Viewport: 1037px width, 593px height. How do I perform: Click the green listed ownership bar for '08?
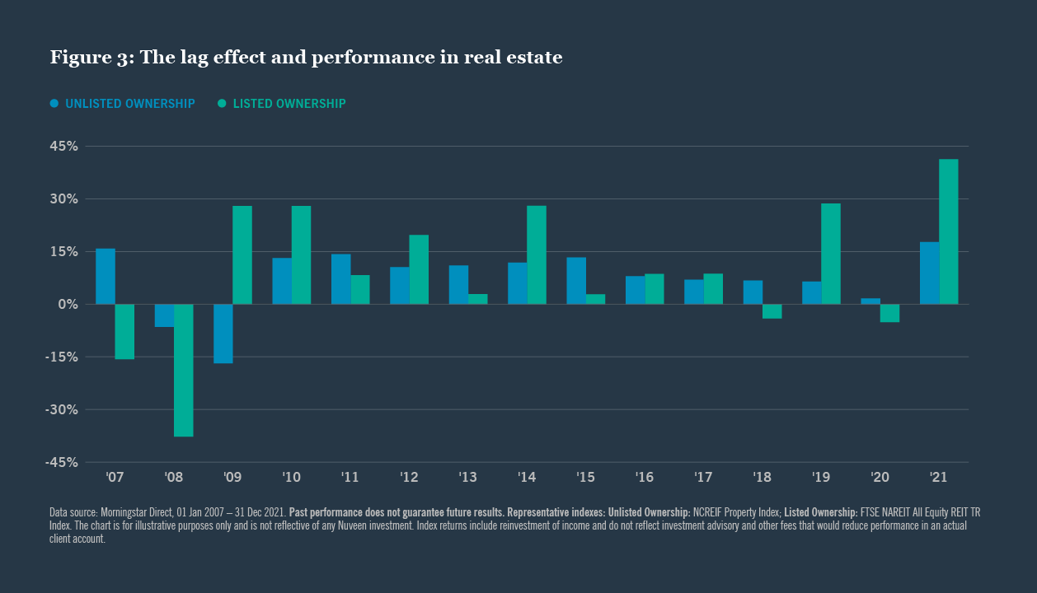(x=183, y=370)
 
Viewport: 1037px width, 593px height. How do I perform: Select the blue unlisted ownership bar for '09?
(x=223, y=334)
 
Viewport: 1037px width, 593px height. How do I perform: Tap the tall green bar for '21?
(x=948, y=231)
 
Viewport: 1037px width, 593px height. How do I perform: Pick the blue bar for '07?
(x=106, y=276)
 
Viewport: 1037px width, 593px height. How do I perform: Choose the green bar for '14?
(x=537, y=254)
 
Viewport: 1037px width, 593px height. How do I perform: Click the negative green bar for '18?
(x=772, y=311)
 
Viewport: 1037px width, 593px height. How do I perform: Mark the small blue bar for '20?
(x=870, y=301)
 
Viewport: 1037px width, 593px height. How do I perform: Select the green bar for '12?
(x=419, y=269)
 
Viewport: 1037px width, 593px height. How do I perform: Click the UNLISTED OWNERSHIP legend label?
(x=129, y=104)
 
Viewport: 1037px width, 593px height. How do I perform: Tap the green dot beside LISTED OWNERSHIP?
(x=223, y=104)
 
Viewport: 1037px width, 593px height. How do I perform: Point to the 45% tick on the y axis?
(x=61, y=147)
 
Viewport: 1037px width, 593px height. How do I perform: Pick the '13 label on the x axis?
(x=467, y=477)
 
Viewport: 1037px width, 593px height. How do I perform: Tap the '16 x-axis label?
(x=644, y=477)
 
